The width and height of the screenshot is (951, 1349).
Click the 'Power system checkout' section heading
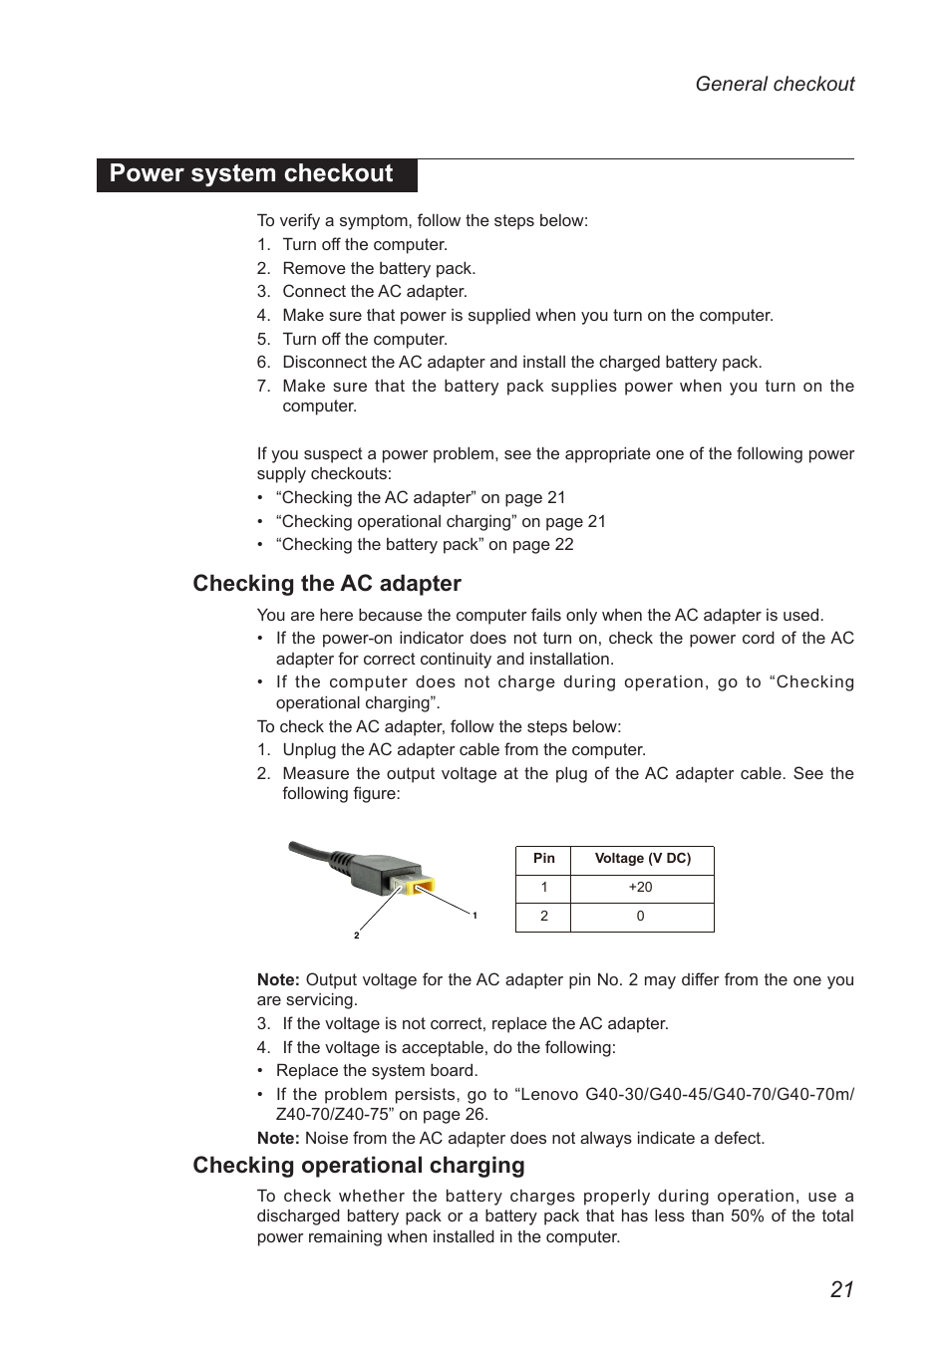251,174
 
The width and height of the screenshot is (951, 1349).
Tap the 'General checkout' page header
774,85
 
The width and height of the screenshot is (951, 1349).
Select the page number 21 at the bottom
841,1289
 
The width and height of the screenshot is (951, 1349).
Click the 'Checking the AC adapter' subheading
327,584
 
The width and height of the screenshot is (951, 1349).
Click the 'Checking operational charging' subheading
358,1166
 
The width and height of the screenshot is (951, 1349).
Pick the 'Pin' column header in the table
543,859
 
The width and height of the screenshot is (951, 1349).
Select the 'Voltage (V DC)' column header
642,859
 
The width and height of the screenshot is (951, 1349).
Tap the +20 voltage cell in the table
640,888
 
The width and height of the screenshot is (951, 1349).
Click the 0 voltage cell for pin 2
640,917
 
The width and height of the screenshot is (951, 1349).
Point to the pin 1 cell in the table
543,888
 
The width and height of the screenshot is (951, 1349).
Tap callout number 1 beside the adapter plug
475,916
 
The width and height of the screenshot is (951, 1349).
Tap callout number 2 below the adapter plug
356,936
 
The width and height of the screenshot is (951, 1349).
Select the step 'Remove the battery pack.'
379,269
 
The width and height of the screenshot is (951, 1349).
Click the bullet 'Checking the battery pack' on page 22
425,545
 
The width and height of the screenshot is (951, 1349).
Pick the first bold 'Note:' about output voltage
278,980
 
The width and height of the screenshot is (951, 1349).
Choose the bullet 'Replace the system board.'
377,1071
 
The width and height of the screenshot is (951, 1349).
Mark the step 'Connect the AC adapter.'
374,292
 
